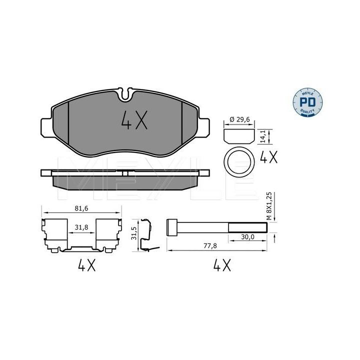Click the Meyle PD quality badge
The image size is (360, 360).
tap(307, 102)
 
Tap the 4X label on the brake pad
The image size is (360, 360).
tap(134, 119)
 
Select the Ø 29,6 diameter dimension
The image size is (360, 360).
tap(239, 119)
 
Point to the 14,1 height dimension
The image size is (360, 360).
tap(263, 136)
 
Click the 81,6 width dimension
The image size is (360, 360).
tap(81, 208)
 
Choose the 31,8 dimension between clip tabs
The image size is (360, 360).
tap(81, 227)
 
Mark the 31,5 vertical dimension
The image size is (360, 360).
tap(133, 233)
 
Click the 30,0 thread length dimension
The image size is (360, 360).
tap(247, 236)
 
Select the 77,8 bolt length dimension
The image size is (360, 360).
tap(210, 245)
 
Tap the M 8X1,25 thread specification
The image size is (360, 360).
tap(269, 206)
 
